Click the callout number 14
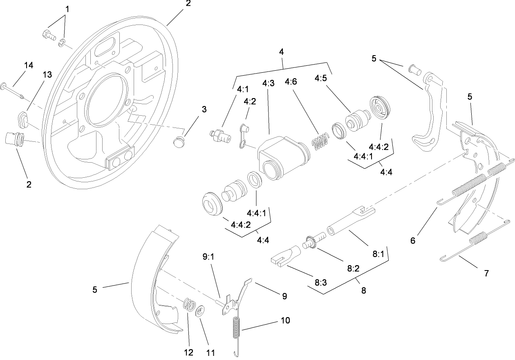[x=28, y=65]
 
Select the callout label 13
[x=47, y=74]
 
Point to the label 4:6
[x=291, y=82]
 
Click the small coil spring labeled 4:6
[x=320, y=141]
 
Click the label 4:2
[x=249, y=101]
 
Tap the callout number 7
[x=486, y=273]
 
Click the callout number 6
[x=412, y=241]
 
